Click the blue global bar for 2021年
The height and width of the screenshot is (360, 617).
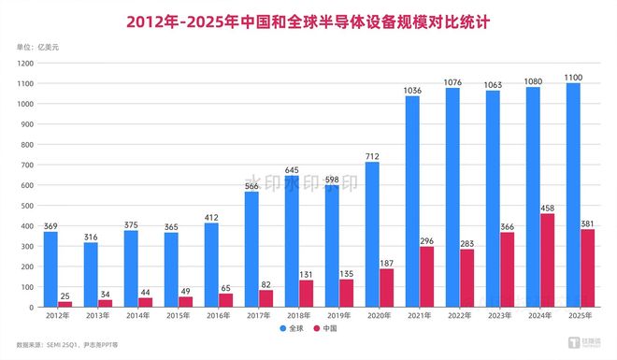pos(412,201)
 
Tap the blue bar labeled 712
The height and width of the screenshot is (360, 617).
pos(372,234)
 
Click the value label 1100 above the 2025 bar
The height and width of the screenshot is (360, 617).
pos(574,76)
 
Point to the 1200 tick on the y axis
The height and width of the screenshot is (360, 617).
pos(25,63)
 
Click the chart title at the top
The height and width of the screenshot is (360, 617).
pos(308,19)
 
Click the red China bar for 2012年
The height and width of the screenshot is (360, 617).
pos(65,304)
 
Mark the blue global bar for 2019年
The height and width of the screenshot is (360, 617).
pos(332,246)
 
